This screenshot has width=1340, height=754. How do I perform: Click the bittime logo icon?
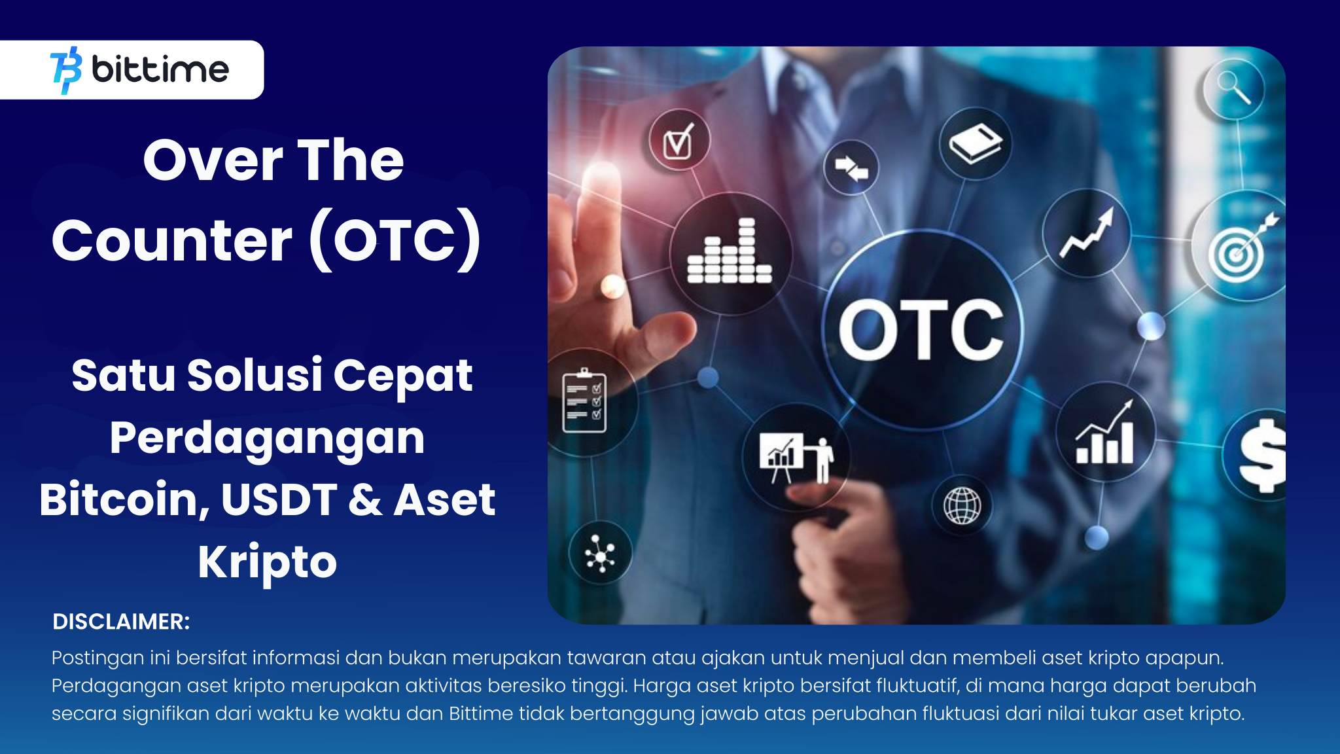pyautogui.click(x=66, y=70)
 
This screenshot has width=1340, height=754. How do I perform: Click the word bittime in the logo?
pyautogui.click(x=160, y=69)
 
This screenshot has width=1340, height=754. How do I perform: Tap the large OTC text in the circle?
pyautogui.click(x=921, y=331)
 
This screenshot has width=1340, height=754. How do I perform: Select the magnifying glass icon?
pyautogui.click(x=1233, y=88)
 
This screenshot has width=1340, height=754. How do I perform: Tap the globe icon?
pyautogui.click(x=962, y=505)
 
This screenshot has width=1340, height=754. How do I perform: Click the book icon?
pyautogui.click(x=976, y=144)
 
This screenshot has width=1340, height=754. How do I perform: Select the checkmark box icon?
pyautogui.click(x=679, y=141)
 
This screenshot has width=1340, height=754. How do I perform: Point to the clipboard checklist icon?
pyautogui.click(x=584, y=401)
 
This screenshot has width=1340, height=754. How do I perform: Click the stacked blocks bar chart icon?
pyautogui.click(x=730, y=253)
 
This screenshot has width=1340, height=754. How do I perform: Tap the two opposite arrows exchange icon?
pyautogui.click(x=851, y=168)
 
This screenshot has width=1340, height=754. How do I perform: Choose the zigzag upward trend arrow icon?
pyautogui.click(x=1087, y=234)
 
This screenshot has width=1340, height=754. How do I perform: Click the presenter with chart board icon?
pyautogui.click(x=796, y=458)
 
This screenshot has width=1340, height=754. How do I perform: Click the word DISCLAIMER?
pyautogui.click(x=121, y=622)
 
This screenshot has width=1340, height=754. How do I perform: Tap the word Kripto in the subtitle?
pyautogui.click(x=267, y=562)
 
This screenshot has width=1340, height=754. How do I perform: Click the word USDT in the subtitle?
pyautogui.click(x=279, y=499)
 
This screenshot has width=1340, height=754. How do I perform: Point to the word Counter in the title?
pyautogui.click(x=171, y=240)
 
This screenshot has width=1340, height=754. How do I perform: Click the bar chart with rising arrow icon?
pyautogui.click(x=1105, y=435)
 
